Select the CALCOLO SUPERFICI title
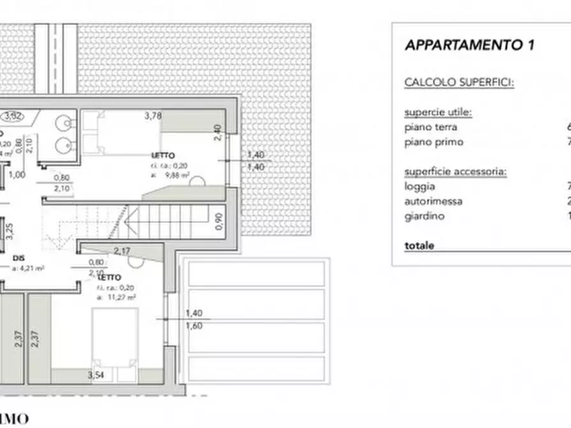pos(459,83)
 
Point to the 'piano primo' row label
pos(434,142)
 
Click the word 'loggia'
pos(419,187)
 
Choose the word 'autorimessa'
pos(434,201)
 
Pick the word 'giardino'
pos(424,216)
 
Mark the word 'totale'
pos(419,245)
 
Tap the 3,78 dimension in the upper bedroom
pos(152,116)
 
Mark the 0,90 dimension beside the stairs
pos(217,221)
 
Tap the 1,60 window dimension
pos(193,325)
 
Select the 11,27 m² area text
pos(120,297)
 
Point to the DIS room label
pos(17,259)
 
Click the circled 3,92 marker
pos(12,116)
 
